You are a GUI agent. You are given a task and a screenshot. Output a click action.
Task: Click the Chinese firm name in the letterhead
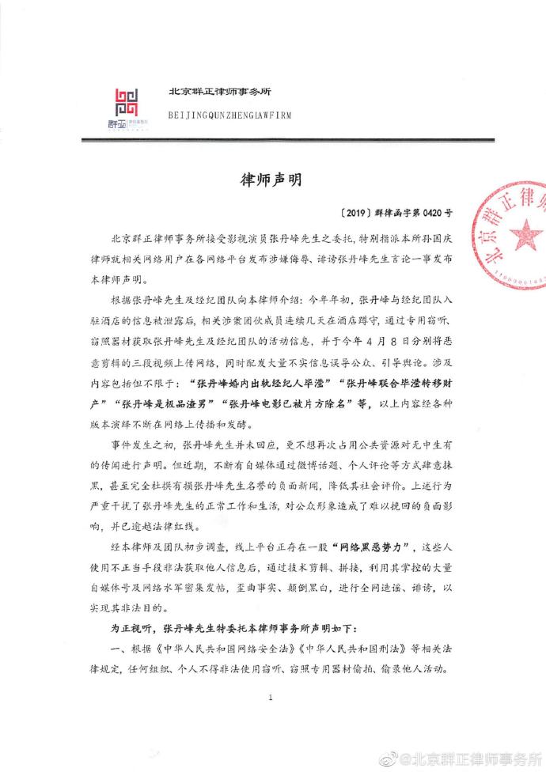pyautogui.click(x=219, y=91)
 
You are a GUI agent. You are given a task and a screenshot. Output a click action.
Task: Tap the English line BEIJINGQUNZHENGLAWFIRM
pyautogui.click(x=229, y=115)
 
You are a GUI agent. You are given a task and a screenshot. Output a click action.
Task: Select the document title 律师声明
pyautogui.click(x=272, y=179)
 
